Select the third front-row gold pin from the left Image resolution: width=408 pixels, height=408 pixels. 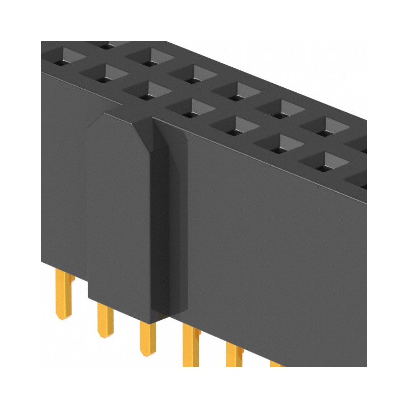[148, 339]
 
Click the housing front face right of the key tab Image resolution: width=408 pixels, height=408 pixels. [275, 255]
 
